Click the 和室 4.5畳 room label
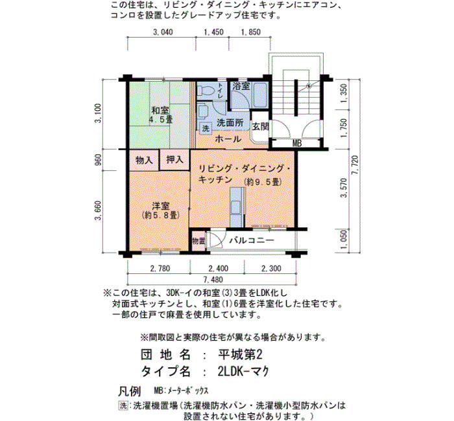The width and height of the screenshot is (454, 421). click(161, 115)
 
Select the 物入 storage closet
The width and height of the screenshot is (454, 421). click(144, 160)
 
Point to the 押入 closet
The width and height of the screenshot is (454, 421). click(174, 159)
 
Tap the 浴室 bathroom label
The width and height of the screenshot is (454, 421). click(241, 86)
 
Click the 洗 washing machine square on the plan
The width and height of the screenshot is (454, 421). click(206, 128)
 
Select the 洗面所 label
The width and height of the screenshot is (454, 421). click(230, 123)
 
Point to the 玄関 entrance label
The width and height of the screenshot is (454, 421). click(261, 126)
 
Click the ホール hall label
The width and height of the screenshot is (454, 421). click(228, 139)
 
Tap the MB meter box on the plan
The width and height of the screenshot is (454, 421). click(297, 143)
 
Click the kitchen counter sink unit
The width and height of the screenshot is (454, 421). click(237, 207)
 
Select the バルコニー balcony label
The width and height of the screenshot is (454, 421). click(252, 240)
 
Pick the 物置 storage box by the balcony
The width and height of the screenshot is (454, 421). click(198, 240)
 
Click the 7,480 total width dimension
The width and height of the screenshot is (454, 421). click(213, 280)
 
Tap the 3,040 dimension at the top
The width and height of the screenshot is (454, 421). click(163, 32)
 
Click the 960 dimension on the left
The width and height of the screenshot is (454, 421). click(98, 160)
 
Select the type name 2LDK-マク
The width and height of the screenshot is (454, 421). click(244, 371)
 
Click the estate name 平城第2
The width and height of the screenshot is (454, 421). click(240, 354)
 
